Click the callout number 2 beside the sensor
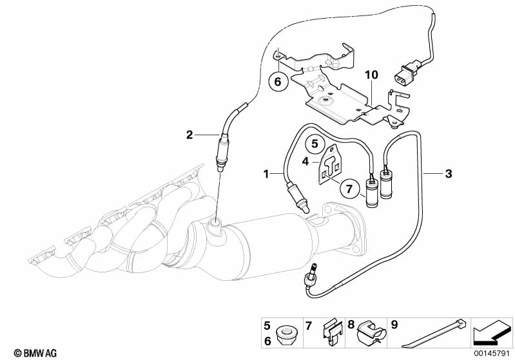coord(189,135)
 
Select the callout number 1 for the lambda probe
coord(266,173)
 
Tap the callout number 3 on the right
coord(449,173)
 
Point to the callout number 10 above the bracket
coord(370,75)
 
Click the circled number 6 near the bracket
coord(278,81)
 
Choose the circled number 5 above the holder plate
coord(316,143)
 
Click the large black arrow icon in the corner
coord(491,332)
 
